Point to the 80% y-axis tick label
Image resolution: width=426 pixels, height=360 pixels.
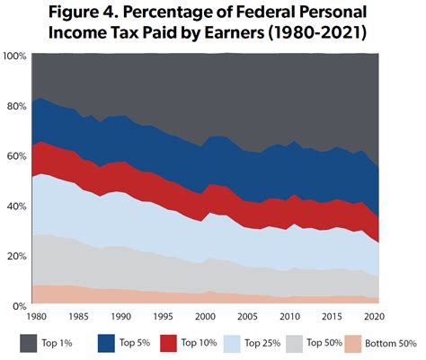coord(15,106)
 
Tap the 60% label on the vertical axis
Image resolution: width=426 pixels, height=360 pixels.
coord(15,156)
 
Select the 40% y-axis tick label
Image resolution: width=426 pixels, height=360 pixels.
coord(15,206)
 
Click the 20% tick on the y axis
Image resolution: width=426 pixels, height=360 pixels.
coord(15,257)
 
